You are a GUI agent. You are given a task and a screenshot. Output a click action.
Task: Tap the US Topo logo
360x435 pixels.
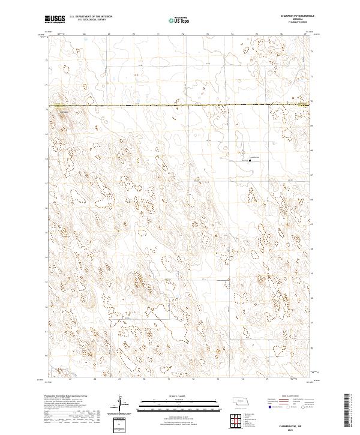point(178,20)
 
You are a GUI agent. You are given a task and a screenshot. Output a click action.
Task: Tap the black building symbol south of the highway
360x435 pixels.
point(250,160)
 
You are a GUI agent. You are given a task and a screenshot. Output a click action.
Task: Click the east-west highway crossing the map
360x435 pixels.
point(180,106)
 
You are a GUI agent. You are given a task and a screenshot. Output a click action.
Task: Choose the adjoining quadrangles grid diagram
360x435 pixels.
point(235,420)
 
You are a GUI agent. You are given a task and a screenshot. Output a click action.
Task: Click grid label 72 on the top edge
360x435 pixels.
point(182,34)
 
